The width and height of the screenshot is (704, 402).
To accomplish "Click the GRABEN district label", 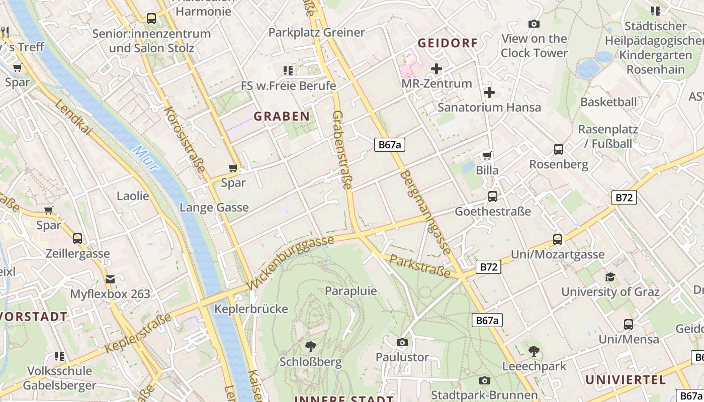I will (x=282, y=117).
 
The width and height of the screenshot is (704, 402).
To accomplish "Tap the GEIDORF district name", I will (x=448, y=43).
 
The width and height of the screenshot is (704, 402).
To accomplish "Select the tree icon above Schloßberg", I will (x=311, y=346).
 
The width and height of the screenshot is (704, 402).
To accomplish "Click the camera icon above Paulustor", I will (x=402, y=342).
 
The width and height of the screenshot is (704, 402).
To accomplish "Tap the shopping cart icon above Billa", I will (x=487, y=155).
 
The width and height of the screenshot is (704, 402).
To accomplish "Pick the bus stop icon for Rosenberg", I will (x=559, y=149).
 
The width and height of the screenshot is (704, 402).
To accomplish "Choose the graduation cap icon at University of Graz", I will (x=610, y=276).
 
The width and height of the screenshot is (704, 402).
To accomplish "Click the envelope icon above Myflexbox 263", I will (x=110, y=278).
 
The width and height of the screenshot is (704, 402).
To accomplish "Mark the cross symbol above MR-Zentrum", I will (x=436, y=68).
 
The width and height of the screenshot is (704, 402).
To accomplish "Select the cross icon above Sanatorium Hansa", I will (x=489, y=92).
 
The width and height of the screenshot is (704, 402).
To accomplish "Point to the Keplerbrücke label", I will (x=251, y=309).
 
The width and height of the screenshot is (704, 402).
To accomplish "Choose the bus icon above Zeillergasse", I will (x=77, y=238).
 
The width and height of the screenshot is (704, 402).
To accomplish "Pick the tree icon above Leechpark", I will (x=534, y=351).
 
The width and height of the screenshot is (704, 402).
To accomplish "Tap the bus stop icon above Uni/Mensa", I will (x=629, y=324).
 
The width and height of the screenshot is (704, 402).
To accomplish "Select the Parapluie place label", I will (x=350, y=290).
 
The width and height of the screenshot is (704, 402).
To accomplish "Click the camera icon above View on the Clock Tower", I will (x=534, y=24).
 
